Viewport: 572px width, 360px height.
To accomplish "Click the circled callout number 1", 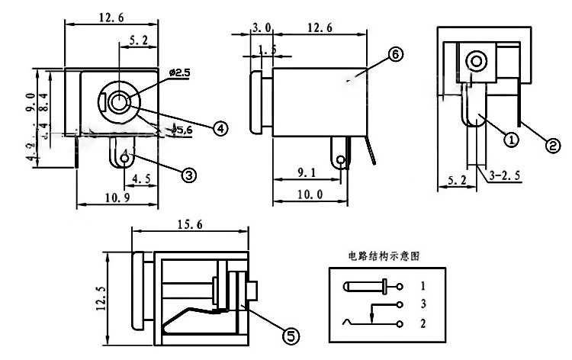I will (510, 139).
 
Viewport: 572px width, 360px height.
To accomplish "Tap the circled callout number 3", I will (189, 174).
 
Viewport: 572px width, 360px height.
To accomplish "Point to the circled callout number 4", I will (220, 128).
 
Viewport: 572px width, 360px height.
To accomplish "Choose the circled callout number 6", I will (394, 54).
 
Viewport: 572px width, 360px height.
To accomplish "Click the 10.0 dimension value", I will (312, 195).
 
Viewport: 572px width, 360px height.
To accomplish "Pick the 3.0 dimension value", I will (262, 28).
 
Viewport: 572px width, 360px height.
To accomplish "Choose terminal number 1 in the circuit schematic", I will (423, 287).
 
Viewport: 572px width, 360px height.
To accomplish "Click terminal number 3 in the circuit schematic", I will (423, 304).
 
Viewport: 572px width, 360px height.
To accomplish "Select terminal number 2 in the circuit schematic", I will (423, 323).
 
